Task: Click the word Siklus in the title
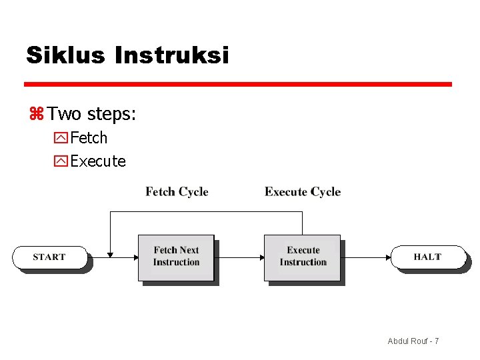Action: click(65, 55)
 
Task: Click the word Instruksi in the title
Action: click(172, 55)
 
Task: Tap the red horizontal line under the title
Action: click(238, 85)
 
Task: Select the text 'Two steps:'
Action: click(92, 114)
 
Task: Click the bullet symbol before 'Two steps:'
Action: click(36, 115)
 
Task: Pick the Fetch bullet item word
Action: click(89, 138)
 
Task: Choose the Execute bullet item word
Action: click(98, 161)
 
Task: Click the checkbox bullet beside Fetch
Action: click(61, 139)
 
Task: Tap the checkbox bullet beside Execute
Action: click(61, 161)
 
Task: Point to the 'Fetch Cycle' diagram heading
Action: click(177, 192)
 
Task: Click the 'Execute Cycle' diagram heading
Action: click(303, 192)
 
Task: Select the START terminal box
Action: click(49, 257)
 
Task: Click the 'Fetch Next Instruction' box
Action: click(176, 257)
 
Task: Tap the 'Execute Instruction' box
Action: click(303, 257)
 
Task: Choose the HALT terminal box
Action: click(427, 257)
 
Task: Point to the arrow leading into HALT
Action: click(367, 257)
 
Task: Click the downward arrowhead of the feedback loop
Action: click(110, 253)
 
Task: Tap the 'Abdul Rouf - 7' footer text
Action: click(413, 341)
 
